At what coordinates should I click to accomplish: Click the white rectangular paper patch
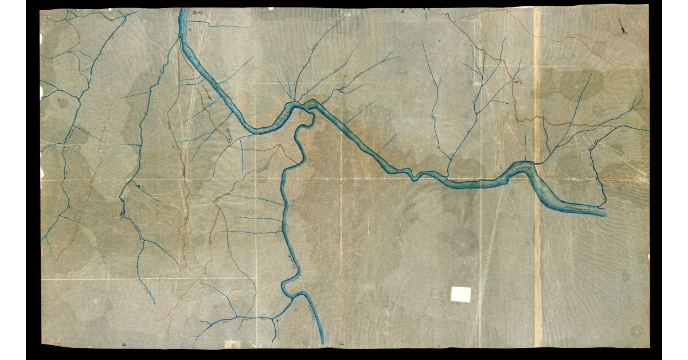[460, 294]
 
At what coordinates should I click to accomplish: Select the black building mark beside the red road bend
[519, 81]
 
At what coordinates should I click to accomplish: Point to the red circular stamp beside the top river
[196, 11]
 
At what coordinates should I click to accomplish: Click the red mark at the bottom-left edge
[124, 344]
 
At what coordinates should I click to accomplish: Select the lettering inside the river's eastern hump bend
[521, 167]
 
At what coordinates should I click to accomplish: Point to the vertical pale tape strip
[537, 172]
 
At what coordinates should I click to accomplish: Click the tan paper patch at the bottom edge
[232, 344]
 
